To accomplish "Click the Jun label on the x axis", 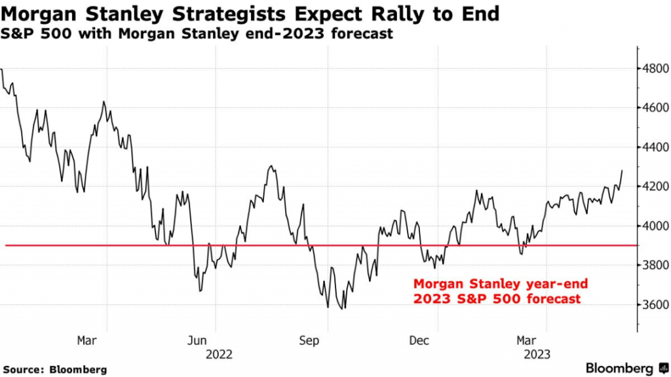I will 197,341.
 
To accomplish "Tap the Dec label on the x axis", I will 419,341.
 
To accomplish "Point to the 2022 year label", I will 219,354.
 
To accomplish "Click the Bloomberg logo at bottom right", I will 626,368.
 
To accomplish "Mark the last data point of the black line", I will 622,170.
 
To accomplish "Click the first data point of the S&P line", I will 2,69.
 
